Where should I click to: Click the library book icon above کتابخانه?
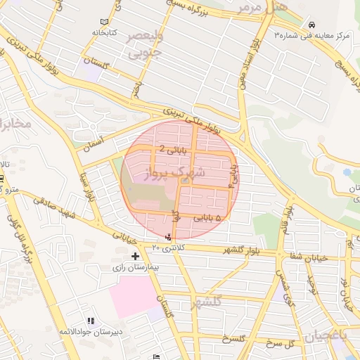click(x=105, y=22)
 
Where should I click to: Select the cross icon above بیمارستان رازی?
click(x=135, y=257)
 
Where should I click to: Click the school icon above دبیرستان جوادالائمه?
click(x=90, y=321)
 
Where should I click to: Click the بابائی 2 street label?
click(x=174, y=149)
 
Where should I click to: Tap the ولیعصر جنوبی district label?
click(x=144, y=43)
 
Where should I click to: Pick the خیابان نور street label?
click(x=345, y=292)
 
